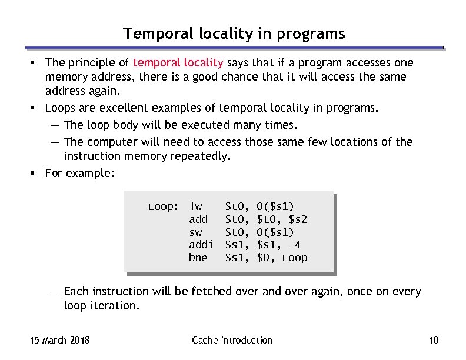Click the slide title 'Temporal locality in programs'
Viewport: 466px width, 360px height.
tap(234, 34)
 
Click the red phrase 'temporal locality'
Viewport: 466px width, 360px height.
tap(178, 63)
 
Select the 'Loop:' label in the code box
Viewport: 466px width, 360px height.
tap(162, 206)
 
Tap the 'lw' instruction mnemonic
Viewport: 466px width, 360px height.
tap(195, 206)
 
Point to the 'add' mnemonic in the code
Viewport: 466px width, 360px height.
tap(198, 219)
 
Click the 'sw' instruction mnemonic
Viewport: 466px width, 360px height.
tap(195, 232)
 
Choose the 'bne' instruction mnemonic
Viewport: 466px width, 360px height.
tap(198, 258)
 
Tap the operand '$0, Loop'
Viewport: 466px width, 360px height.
tap(282, 258)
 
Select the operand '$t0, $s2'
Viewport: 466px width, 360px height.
tap(282, 219)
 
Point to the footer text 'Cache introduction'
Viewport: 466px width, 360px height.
tap(232, 340)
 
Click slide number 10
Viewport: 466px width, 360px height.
tap(434, 340)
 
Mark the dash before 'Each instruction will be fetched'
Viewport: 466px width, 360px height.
tap(54, 292)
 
